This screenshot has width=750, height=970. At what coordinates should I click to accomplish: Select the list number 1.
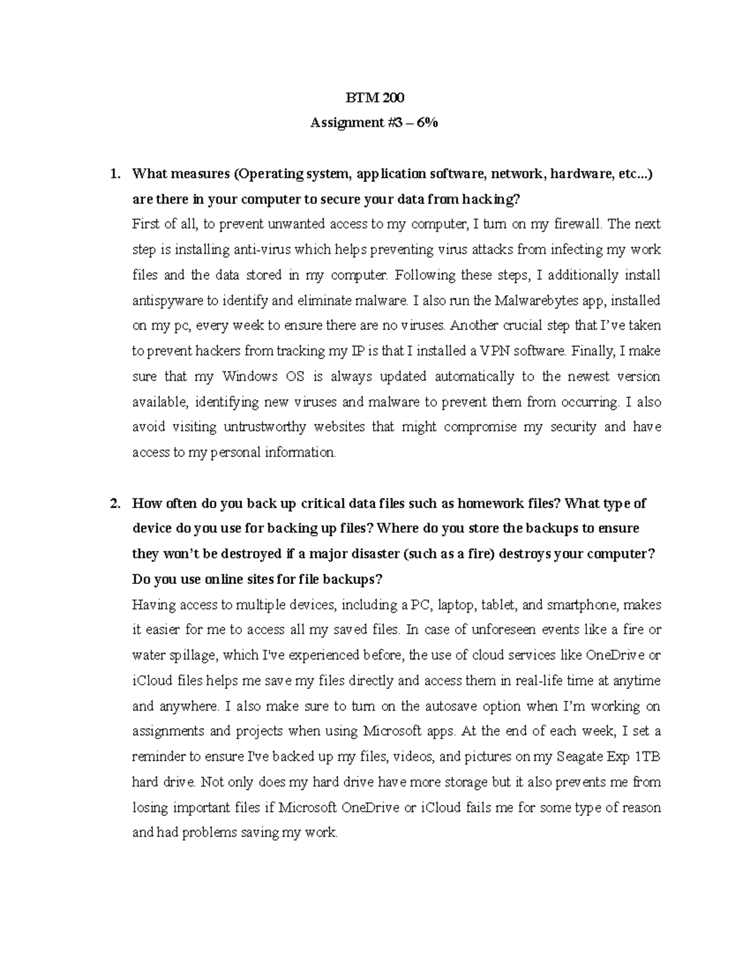click(114, 174)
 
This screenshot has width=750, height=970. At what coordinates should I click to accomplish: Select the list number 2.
click(114, 503)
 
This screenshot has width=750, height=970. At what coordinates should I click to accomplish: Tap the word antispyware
click(167, 300)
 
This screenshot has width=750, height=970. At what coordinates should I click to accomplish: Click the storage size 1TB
click(647, 756)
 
